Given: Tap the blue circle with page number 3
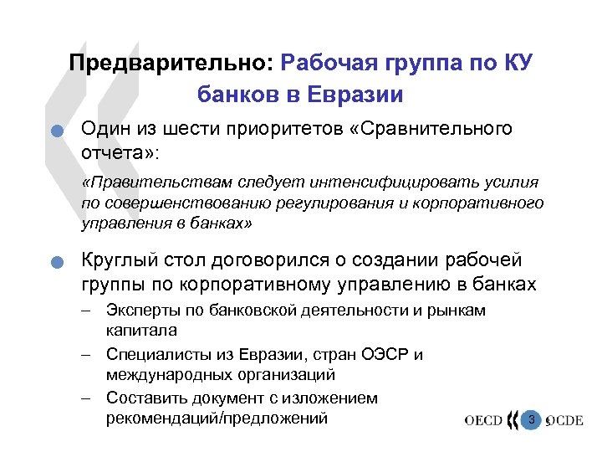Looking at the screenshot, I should tap(528, 419).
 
